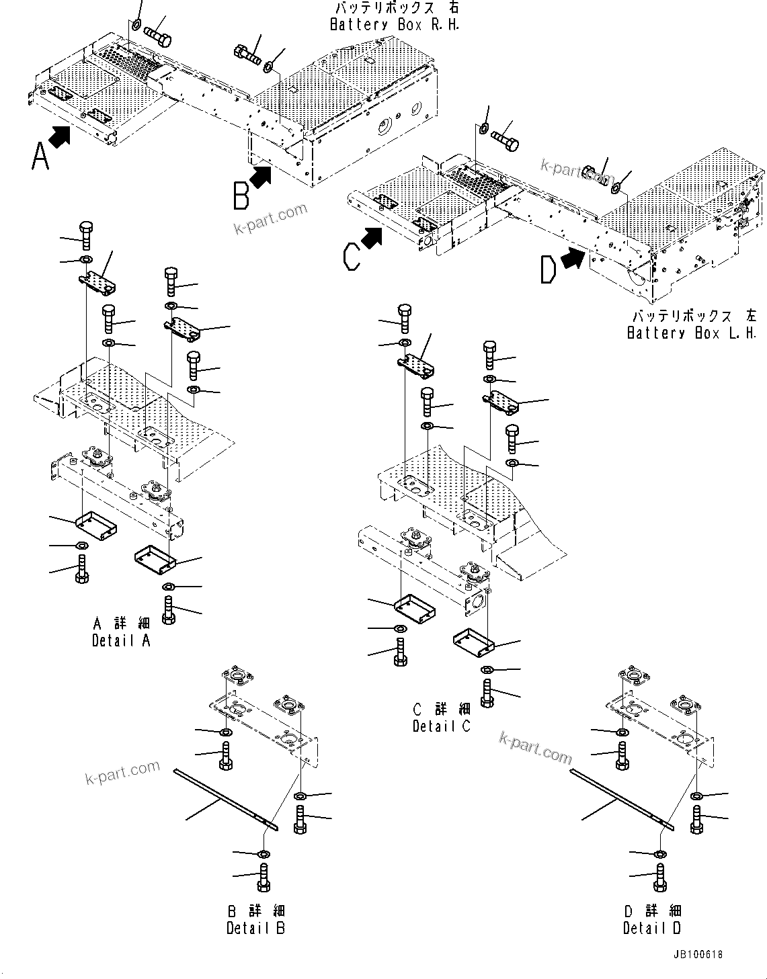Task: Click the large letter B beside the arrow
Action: click(241, 196)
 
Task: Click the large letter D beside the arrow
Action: click(549, 270)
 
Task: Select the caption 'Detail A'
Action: click(122, 640)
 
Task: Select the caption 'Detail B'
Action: click(255, 928)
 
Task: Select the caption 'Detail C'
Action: click(442, 726)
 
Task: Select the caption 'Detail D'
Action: click(651, 928)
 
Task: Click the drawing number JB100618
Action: click(695, 954)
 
